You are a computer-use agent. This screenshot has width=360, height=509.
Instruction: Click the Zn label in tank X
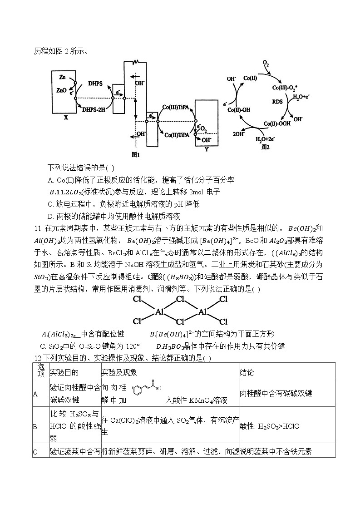(x=63, y=78)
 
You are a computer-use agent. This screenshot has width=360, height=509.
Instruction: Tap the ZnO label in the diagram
(x=62, y=90)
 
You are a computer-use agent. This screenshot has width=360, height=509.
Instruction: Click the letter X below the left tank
(x=66, y=117)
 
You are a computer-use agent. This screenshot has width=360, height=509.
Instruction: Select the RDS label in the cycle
(x=277, y=102)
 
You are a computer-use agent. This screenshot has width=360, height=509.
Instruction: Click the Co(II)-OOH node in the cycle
(x=275, y=124)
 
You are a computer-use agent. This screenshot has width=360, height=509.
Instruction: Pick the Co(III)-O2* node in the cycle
(x=285, y=87)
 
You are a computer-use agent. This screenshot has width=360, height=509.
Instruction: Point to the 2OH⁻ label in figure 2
(x=238, y=134)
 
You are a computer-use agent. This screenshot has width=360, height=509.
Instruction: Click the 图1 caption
(x=135, y=154)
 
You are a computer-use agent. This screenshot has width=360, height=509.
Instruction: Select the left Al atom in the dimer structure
(x=159, y=311)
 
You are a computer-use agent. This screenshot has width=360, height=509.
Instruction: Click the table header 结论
(x=247, y=372)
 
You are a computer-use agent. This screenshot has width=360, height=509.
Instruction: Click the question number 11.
(x=38, y=227)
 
